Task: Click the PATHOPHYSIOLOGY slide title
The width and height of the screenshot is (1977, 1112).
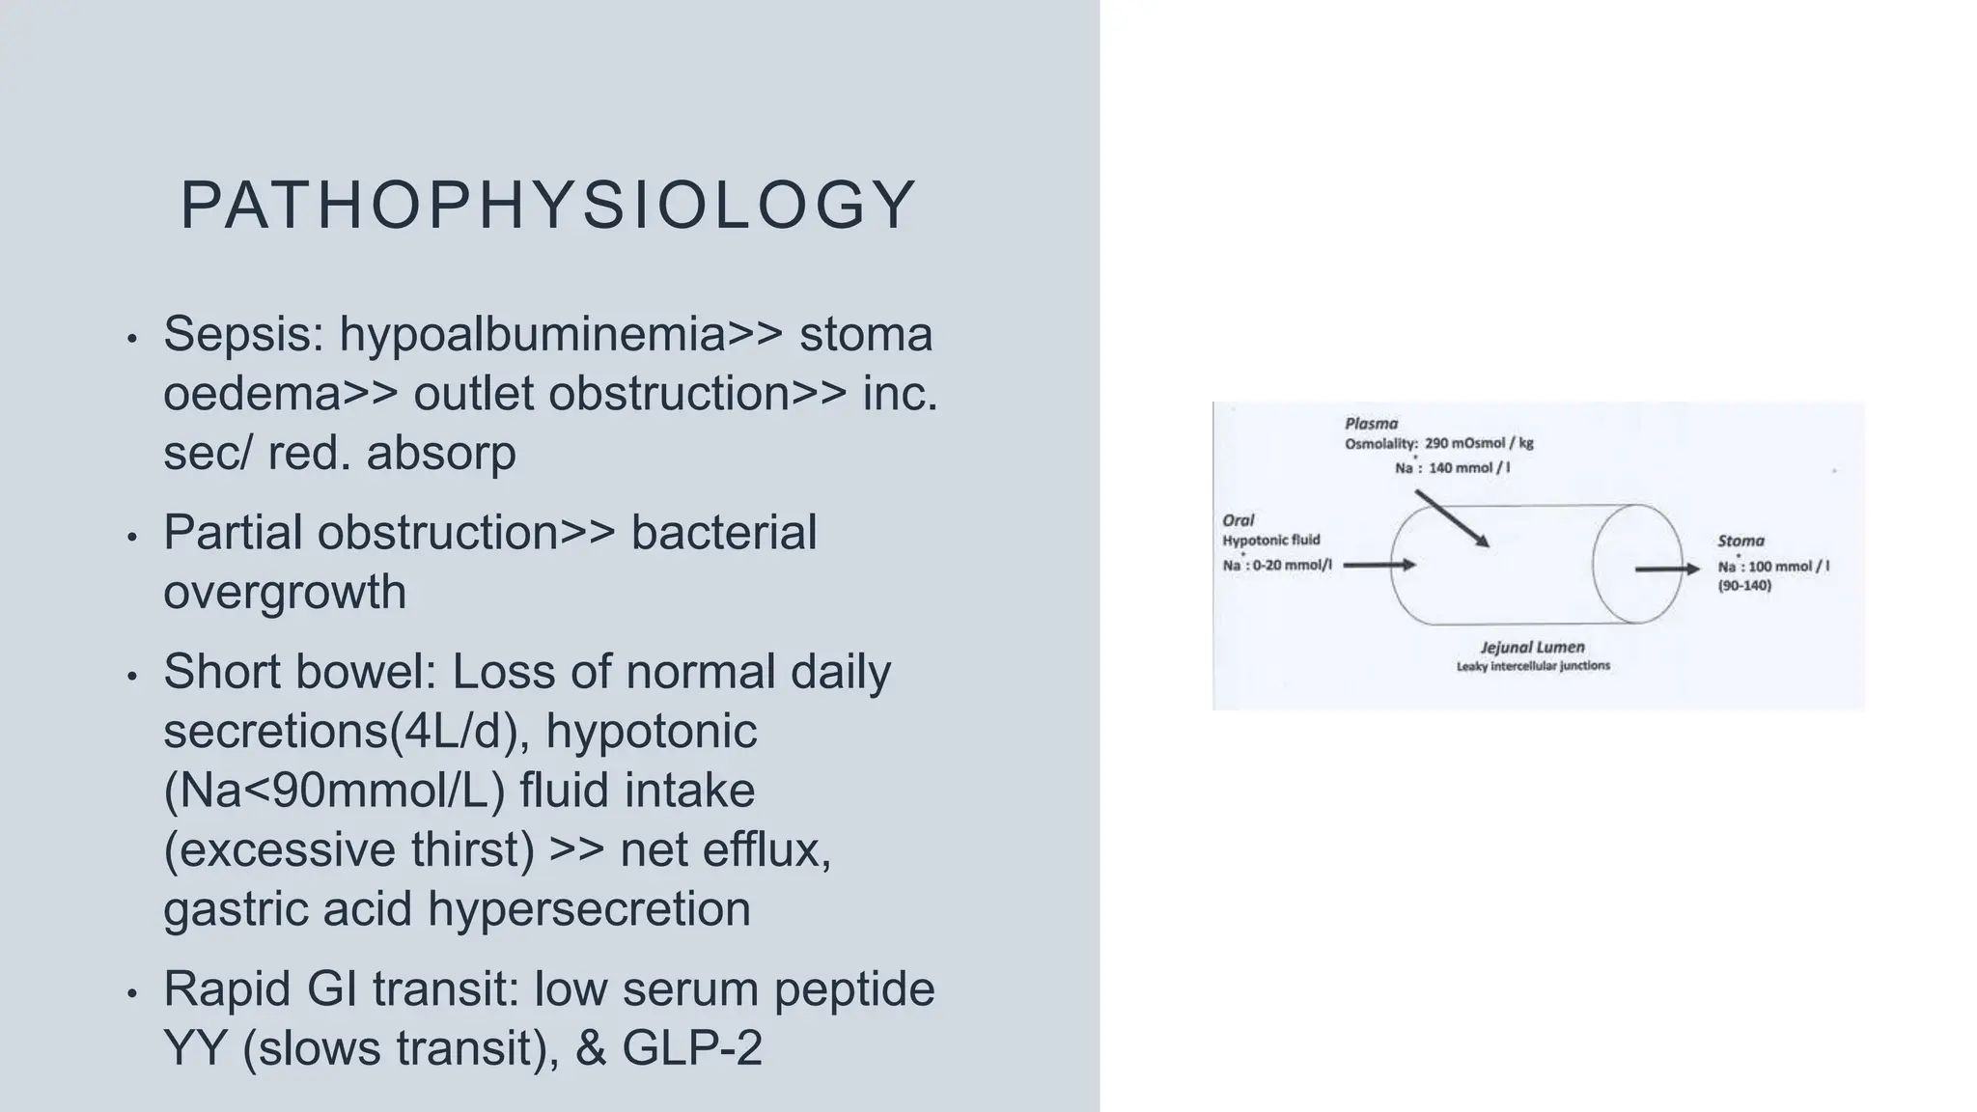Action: point(548,206)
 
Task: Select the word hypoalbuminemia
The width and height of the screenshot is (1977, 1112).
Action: point(532,335)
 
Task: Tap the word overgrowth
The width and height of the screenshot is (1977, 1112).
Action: point(285,592)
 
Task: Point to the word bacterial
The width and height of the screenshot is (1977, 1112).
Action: point(723,533)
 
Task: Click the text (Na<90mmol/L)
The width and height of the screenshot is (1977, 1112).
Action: point(334,791)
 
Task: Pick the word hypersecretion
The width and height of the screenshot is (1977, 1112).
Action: point(589,909)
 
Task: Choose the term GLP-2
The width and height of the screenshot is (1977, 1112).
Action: point(692,1048)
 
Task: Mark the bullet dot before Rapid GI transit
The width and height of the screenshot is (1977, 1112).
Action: point(132,992)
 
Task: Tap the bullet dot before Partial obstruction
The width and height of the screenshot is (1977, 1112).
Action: point(132,536)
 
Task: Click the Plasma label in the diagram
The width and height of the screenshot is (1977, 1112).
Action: point(1371,423)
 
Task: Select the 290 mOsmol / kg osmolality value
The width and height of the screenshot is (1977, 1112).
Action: point(1479,443)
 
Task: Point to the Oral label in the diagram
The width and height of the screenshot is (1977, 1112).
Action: point(1238,520)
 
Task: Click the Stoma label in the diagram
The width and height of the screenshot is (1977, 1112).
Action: point(1740,541)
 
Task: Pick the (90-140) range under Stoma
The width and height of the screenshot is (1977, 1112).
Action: point(1744,585)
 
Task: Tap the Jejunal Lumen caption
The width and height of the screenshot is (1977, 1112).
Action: point(1532,647)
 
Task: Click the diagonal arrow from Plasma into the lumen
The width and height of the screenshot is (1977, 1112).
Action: point(1452,519)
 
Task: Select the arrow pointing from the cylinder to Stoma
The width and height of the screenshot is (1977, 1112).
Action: point(1666,570)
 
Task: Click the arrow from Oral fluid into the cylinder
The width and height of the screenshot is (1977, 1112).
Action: point(1378,565)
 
